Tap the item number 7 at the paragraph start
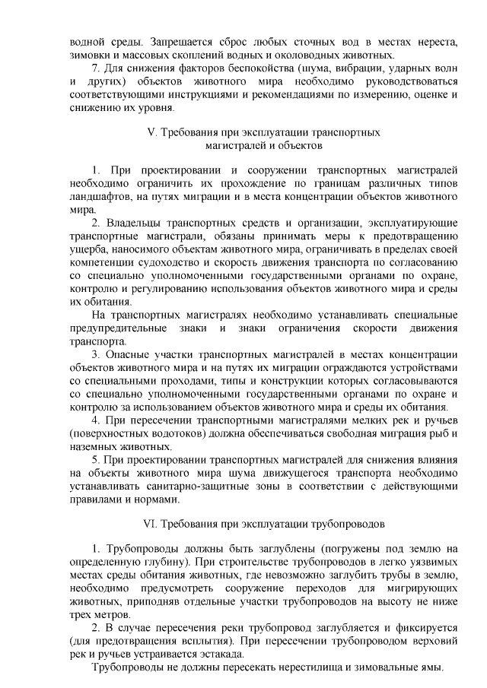pos(94,71)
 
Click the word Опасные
pos(132,355)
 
